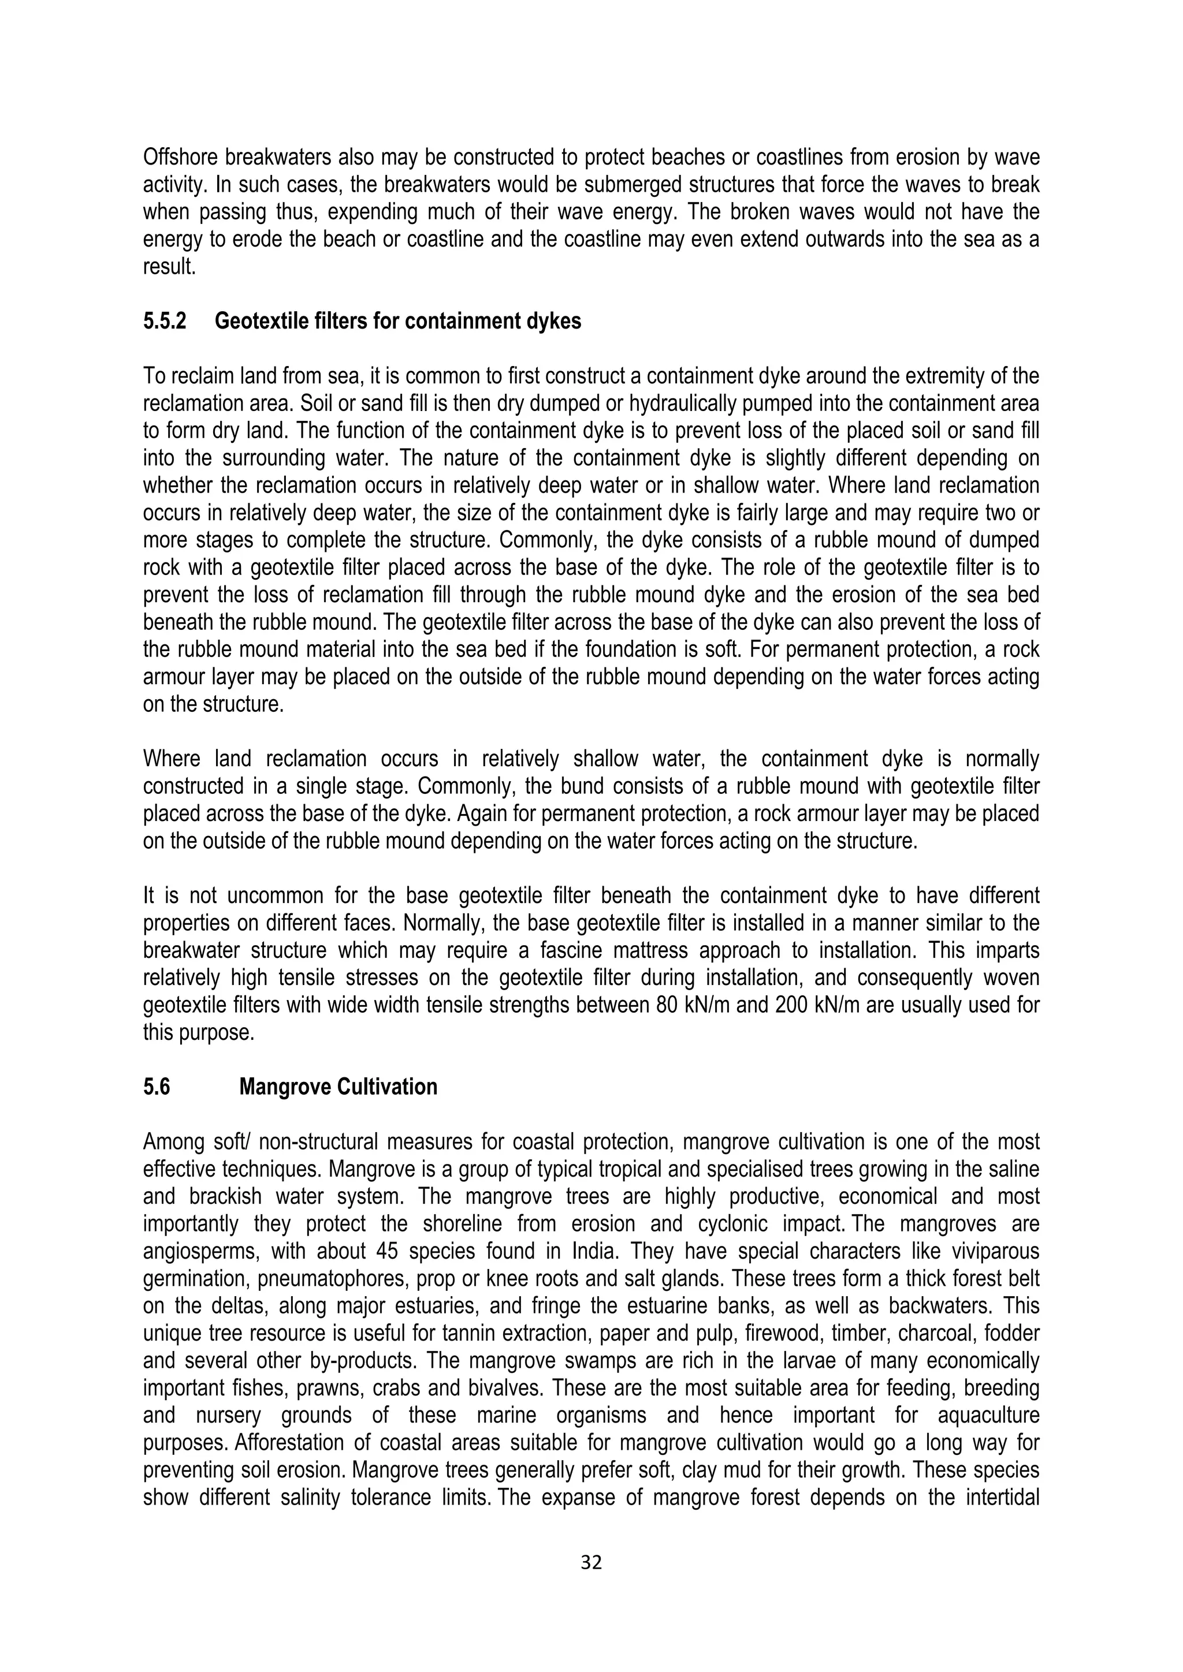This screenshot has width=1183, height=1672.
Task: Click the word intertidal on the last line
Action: [x=999, y=1498]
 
